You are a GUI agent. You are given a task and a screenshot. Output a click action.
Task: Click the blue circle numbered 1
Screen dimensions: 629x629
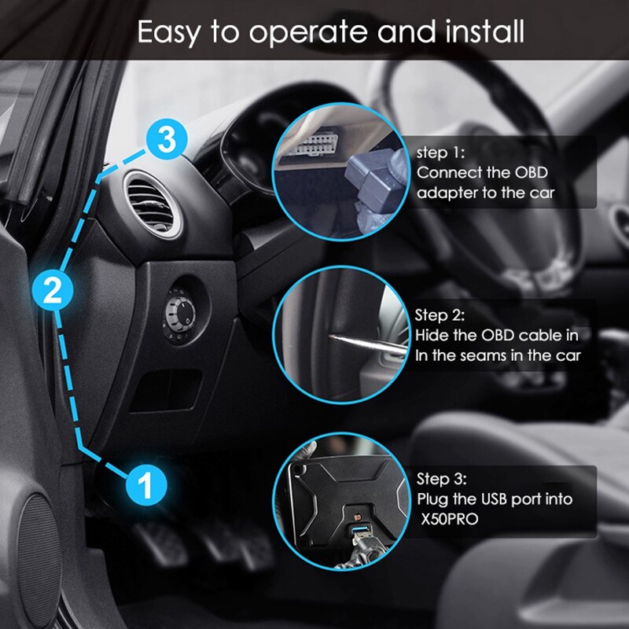pos(145,482)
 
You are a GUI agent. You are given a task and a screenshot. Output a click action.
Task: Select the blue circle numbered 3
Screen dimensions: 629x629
pos(166,142)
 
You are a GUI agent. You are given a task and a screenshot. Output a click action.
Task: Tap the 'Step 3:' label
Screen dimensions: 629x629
pos(441,479)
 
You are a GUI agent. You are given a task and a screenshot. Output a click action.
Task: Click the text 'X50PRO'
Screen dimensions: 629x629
pos(447,520)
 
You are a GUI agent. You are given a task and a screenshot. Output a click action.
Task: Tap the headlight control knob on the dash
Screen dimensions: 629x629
pos(178,312)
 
